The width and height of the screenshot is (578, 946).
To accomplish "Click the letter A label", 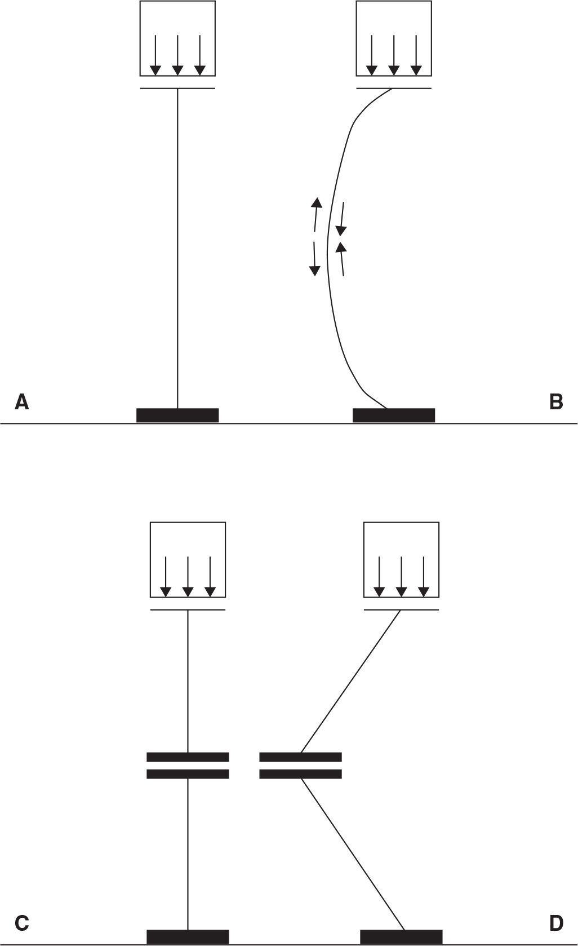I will pyautogui.click(x=22, y=402).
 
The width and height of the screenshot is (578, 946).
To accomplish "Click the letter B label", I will pyautogui.click(x=555, y=402).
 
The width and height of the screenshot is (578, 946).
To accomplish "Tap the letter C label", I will pyautogui.click(x=22, y=922).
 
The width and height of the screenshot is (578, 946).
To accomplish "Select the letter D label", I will pyautogui.click(x=555, y=922).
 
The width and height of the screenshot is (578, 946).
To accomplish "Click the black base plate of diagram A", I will pyautogui.click(x=177, y=415).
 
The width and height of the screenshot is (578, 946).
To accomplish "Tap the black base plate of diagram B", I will pyautogui.click(x=393, y=415).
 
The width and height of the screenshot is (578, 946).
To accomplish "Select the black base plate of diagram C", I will pyautogui.click(x=188, y=936).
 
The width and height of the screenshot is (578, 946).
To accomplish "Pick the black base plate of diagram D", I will pyautogui.click(x=401, y=936).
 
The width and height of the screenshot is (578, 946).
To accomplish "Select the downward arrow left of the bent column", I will pyautogui.click(x=315, y=259).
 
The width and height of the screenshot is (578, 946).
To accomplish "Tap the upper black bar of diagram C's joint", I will pyautogui.click(x=188, y=757).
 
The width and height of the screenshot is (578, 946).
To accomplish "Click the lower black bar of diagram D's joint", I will pyautogui.click(x=300, y=774).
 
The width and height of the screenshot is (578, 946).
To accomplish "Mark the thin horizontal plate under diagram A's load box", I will pyautogui.click(x=177, y=89).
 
